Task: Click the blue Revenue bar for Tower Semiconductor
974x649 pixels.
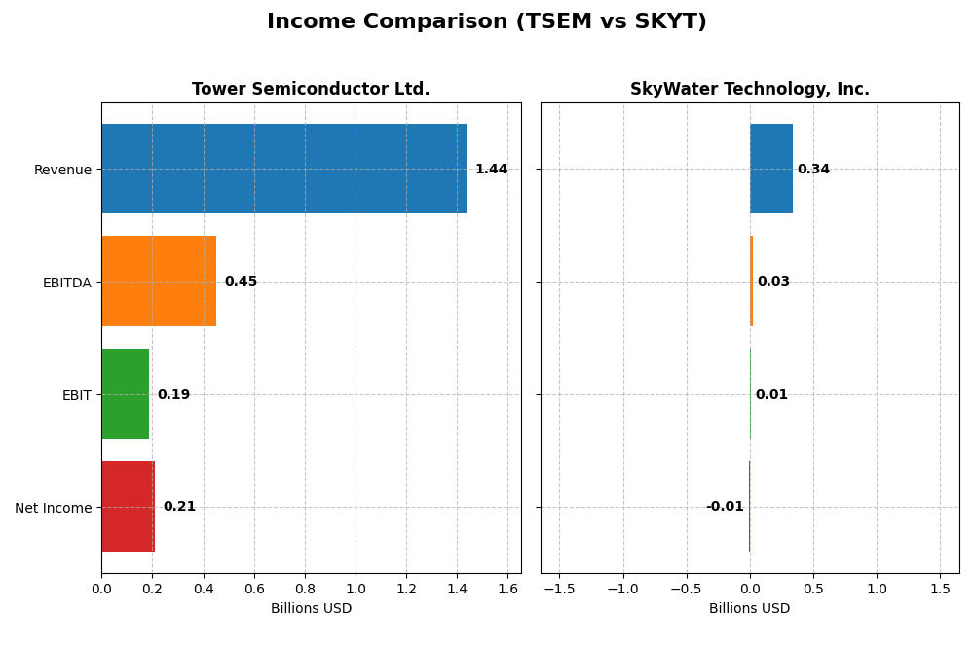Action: pos(283,169)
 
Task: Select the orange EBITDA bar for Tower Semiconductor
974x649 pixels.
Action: pos(159,281)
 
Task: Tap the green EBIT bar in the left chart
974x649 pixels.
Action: pos(126,394)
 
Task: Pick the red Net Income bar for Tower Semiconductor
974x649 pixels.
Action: pos(129,506)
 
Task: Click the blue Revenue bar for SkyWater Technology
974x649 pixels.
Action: pos(771,169)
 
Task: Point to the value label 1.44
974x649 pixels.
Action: pos(491,170)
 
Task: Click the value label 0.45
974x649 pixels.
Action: pos(241,282)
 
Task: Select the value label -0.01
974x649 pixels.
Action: pos(725,507)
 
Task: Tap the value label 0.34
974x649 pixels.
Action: pos(813,170)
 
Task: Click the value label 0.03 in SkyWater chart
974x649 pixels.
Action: pos(773,282)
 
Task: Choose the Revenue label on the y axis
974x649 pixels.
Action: pos(62,170)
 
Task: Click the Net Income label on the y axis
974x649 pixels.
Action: pos(54,507)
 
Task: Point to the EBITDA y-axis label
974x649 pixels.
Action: pos(66,283)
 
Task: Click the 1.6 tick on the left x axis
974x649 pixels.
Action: pos(507,589)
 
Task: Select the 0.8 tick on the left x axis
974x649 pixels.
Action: pos(305,589)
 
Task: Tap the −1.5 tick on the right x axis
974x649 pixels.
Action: pos(559,589)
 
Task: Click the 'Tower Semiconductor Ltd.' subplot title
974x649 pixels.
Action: pos(311,89)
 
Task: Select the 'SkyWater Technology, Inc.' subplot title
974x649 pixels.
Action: pos(750,89)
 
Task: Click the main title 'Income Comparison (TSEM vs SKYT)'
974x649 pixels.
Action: pos(487,21)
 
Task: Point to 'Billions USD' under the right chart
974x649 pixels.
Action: pos(750,608)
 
